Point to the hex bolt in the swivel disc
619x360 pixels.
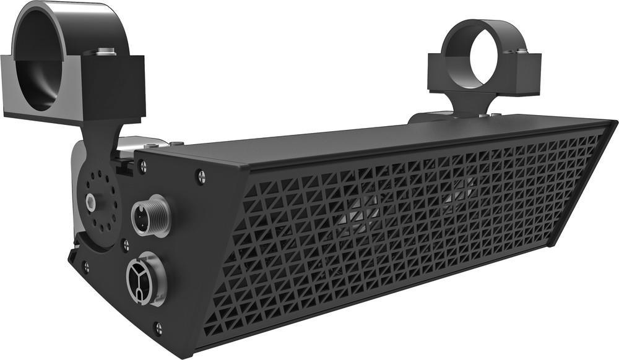[92, 200]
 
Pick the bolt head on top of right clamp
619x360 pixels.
[521, 48]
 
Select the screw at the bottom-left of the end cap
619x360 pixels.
[85, 267]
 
